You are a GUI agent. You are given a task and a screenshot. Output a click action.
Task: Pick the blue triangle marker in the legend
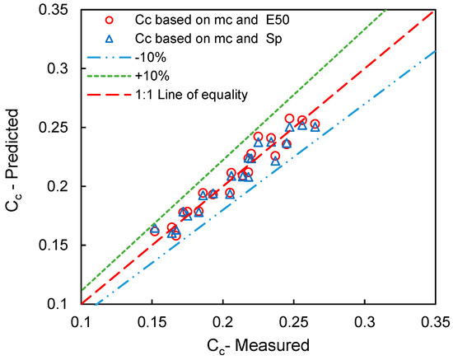[x=106, y=38]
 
